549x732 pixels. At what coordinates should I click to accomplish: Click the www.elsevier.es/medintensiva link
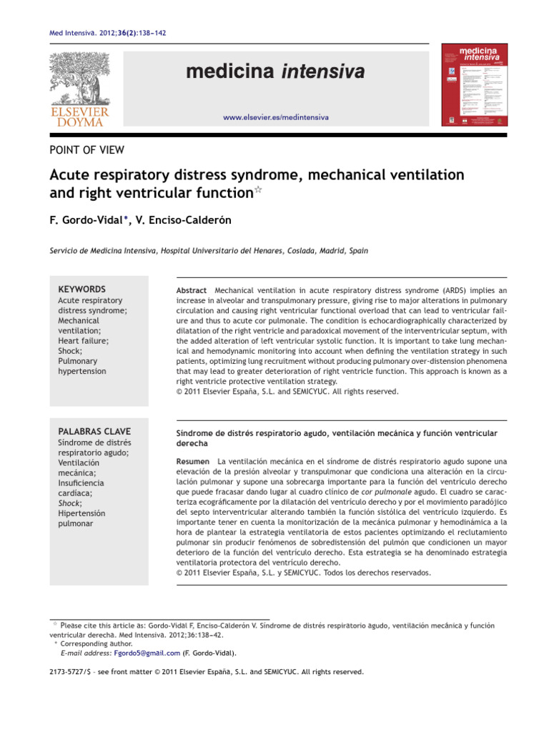click(276, 117)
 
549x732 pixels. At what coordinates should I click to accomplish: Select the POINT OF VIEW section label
click(86, 149)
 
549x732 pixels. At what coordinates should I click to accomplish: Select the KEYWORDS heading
click(81, 289)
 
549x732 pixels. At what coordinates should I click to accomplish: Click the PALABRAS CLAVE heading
click(94, 432)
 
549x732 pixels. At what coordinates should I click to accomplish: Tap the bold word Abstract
click(192, 290)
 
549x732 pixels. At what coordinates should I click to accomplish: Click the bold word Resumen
click(193, 461)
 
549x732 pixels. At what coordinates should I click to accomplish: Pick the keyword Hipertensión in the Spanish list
click(81, 513)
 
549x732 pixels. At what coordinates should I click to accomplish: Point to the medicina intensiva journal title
click(276, 71)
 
